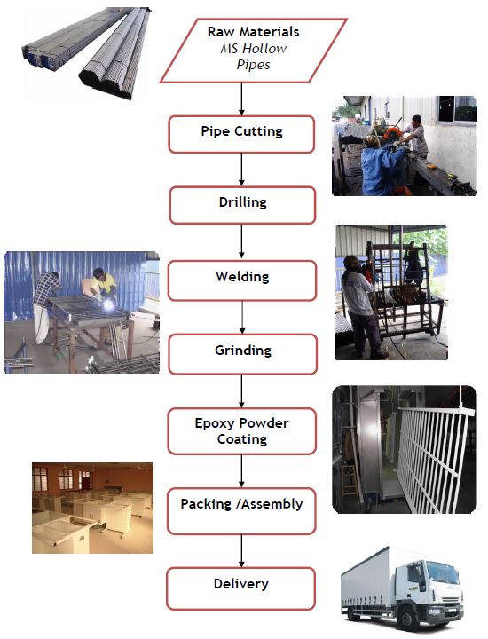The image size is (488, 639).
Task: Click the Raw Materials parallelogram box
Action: [x=254, y=51]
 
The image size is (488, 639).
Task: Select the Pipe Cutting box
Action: [x=241, y=134]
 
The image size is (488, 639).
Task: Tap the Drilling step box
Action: [x=242, y=205]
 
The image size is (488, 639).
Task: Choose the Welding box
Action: [x=242, y=280]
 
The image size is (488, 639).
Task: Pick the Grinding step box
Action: [x=243, y=354]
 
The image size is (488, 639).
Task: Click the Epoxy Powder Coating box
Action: [x=242, y=430]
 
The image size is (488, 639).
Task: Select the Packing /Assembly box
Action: [x=241, y=510]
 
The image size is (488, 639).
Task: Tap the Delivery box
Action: [x=241, y=588]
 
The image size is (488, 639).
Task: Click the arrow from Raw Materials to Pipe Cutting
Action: [x=241, y=99]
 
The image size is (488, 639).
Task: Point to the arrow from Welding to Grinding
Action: [x=242, y=317]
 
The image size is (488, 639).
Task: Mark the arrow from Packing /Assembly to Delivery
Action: [x=241, y=550]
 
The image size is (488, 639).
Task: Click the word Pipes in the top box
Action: [x=254, y=65]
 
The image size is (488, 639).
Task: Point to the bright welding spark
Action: [x=109, y=304]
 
